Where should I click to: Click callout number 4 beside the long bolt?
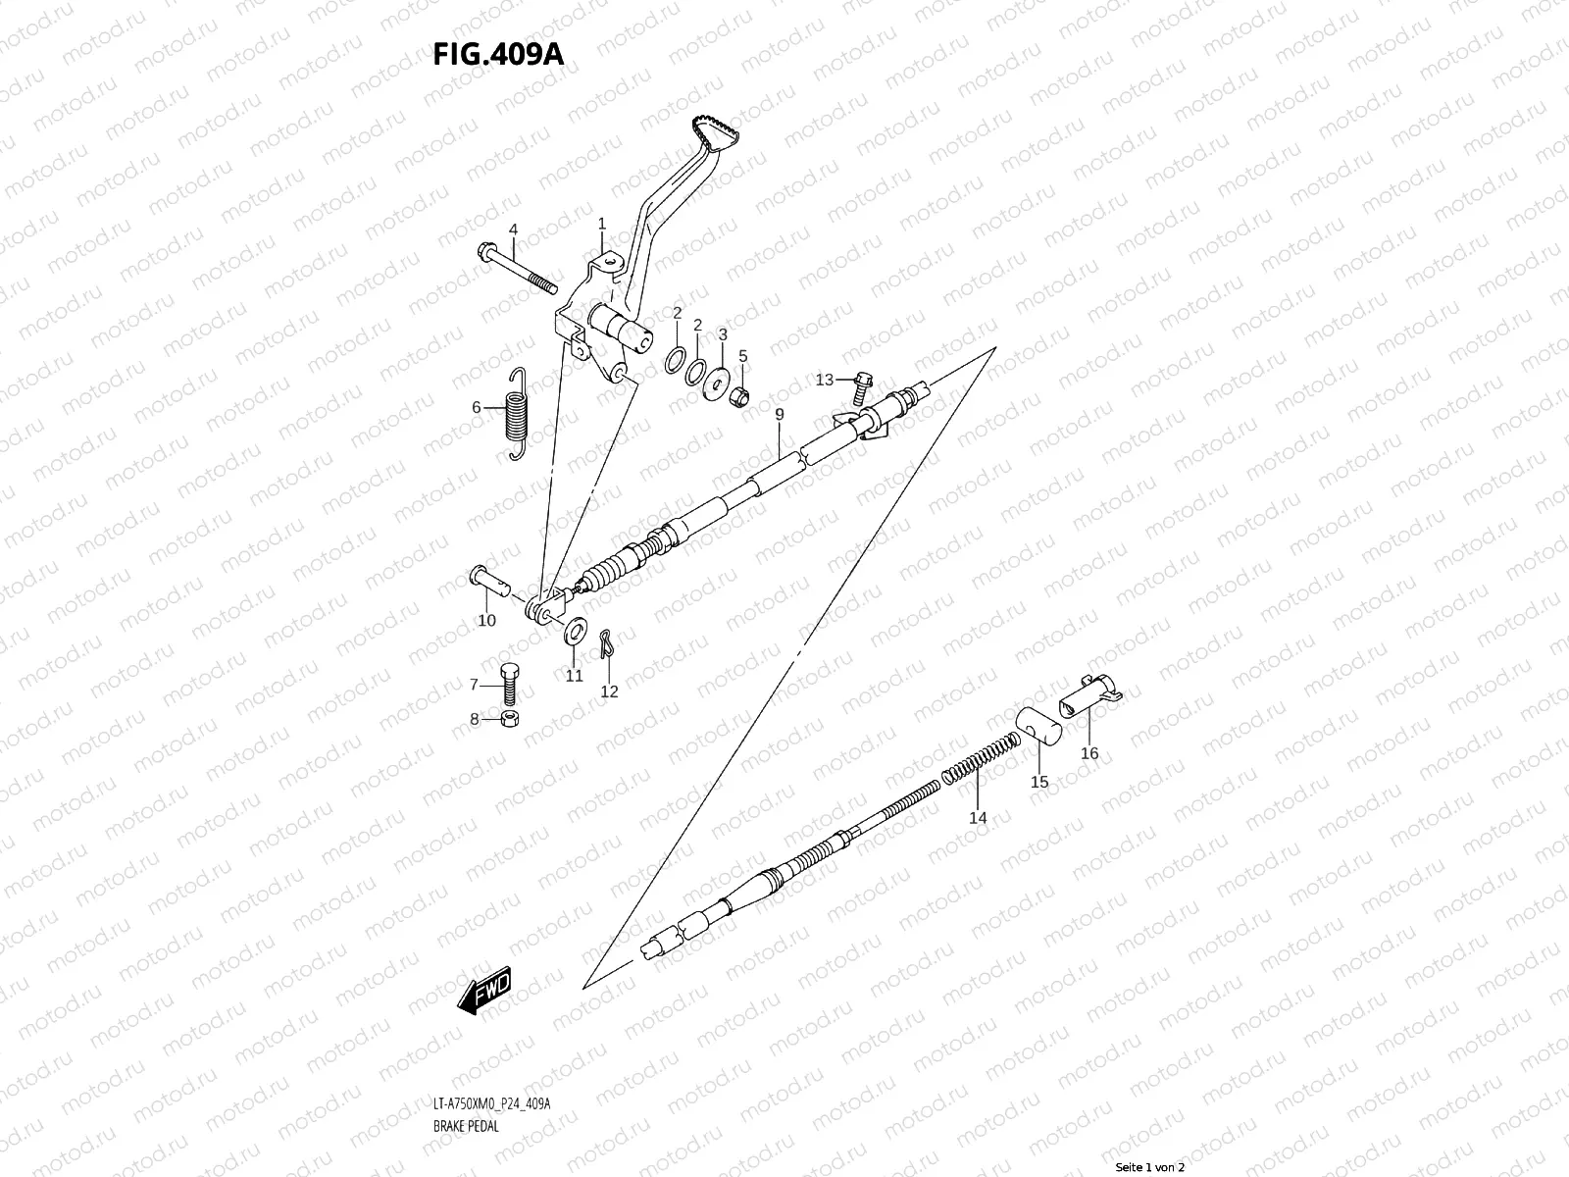(x=513, y=230)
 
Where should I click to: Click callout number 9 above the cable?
(x=779, y=415)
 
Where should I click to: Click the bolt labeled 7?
(x=509, y=683)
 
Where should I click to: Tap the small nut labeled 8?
(x=510, y=720)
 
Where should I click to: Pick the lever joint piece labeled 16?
(x=1088, y=693)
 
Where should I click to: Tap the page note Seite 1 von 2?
(x=1149, y=1167)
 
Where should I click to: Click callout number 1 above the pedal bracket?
(x=602, y=224)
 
